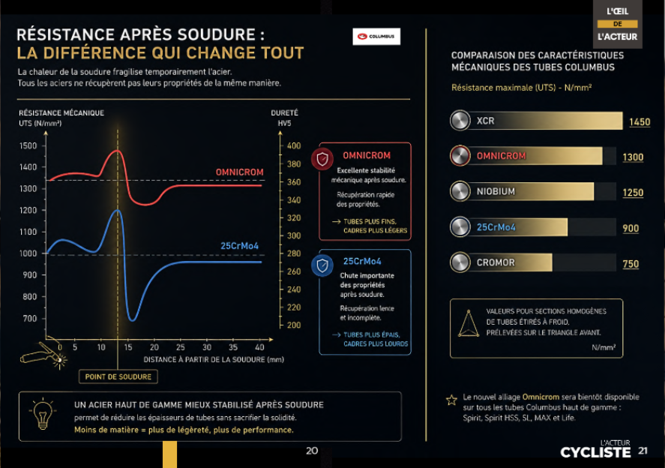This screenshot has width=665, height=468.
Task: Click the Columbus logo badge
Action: pyautogui.click(x=376, y=37)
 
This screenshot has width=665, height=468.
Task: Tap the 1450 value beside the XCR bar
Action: pyautogui.click(x=640, y=121)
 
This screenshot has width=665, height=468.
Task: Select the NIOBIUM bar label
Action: pyautogui.click(x=496, y=191)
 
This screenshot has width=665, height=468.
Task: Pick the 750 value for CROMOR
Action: pyautogui.click(x=631, y=264)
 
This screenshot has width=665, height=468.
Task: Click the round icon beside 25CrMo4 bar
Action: pyautogui.click(x=460, y=227)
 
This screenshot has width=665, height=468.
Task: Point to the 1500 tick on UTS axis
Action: pyautogui.click(x=28, y=145)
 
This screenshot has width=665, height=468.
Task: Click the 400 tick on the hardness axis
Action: pyautogui.click(x=294, y=145)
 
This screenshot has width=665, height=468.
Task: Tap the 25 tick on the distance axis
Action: pyautogui.click(x=180, y=347)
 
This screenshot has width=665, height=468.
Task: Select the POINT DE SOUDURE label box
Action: pyautogui.click(x=118, y=376)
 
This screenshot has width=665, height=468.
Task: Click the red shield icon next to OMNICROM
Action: pyautogui.click(x=322, y=159)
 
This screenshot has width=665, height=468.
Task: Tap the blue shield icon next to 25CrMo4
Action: pyautogui.click(x=322, y=265)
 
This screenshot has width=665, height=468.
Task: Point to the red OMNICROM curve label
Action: pyautogui.click(x=240, y=172)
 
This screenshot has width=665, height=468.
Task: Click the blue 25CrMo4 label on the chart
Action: pyautogui.click(x=239, y=246)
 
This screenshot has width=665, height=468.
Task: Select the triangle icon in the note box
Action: pyautogui.click(x=469, y=323)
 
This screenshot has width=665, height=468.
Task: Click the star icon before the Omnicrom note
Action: pyautogui.click(x=451, y=400)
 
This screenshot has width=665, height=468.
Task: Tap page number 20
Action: pyautogui.click(x=312, y=451)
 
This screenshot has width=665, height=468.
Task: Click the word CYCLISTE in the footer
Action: pyautogui.click(x=595, y=453)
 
